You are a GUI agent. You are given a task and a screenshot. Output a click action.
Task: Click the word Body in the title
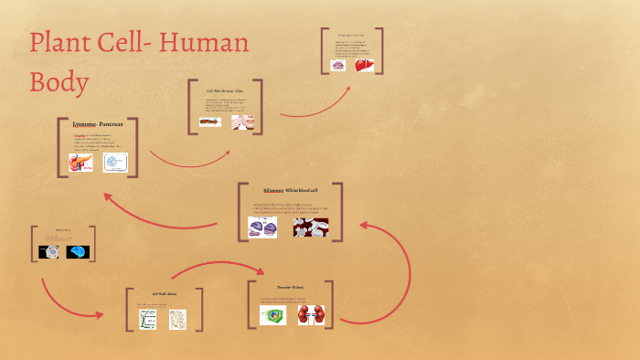(x=59, y=81)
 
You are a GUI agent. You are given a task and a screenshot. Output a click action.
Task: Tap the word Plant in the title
(x=65, y=43)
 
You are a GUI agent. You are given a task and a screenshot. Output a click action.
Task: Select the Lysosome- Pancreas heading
(x=97, y=123)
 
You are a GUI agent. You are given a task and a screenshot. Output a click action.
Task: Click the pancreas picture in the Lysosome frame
(x=81, y=163)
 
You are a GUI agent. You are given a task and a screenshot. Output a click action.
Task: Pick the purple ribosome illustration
(x=263, y=228)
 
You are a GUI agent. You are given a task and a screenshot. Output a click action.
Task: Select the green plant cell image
(x=272, y=315)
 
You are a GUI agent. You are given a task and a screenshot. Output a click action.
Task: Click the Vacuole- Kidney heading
(x=289, y=287)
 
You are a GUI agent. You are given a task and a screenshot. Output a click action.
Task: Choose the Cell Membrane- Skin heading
(x=225, y=91)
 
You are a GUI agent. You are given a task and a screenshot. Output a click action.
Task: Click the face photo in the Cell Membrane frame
(x=242, y=122)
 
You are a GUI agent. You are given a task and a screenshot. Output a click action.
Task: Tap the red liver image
(x=365, y=65)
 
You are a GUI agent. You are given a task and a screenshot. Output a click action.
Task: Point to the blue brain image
(x=79, y=252)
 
